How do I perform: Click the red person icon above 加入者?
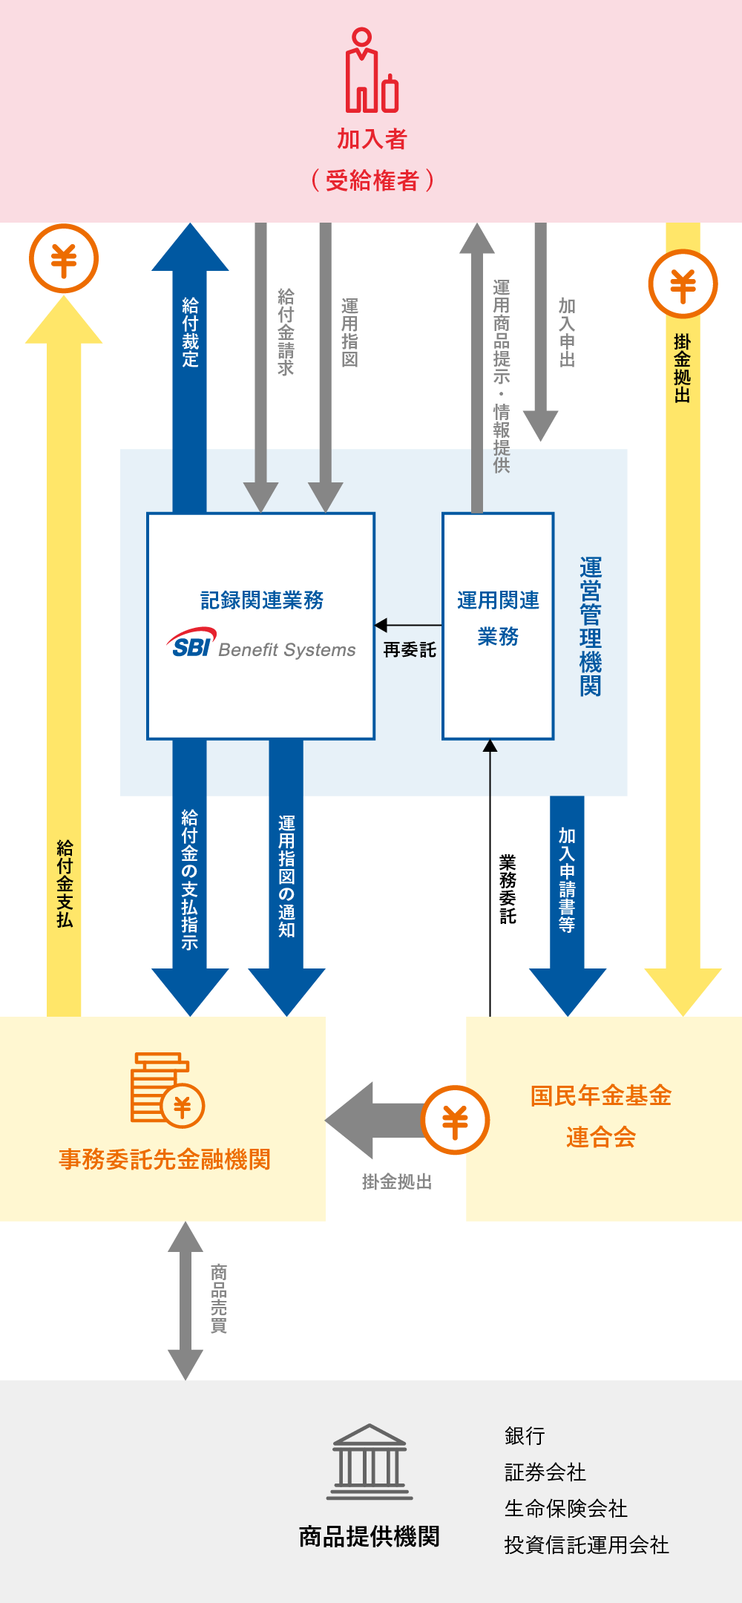tap(371, 71)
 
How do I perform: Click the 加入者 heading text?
tap(372, 139)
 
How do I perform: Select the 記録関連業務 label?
tap(261, 600)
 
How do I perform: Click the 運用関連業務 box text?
tap(498, 617)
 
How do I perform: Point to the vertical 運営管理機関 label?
tap(591, 626)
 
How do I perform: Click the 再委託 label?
tap(410, 650)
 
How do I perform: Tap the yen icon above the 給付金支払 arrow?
tap(64, 259)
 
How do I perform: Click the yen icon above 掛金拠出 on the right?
tap(683, 284)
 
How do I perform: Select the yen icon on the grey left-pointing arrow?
tap(455, 1120)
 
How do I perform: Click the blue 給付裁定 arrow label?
tap(191, 332)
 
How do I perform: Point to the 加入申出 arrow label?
tap(567, 332)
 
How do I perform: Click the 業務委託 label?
tap(508, 888)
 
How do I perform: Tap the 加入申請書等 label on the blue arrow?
tap(567, 879)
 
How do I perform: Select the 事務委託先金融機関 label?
tap(165, 1159)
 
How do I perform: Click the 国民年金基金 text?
tap(601, 1096)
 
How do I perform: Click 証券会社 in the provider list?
tap(545, 1472)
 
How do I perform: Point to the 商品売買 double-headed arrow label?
tap(219, 1298)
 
